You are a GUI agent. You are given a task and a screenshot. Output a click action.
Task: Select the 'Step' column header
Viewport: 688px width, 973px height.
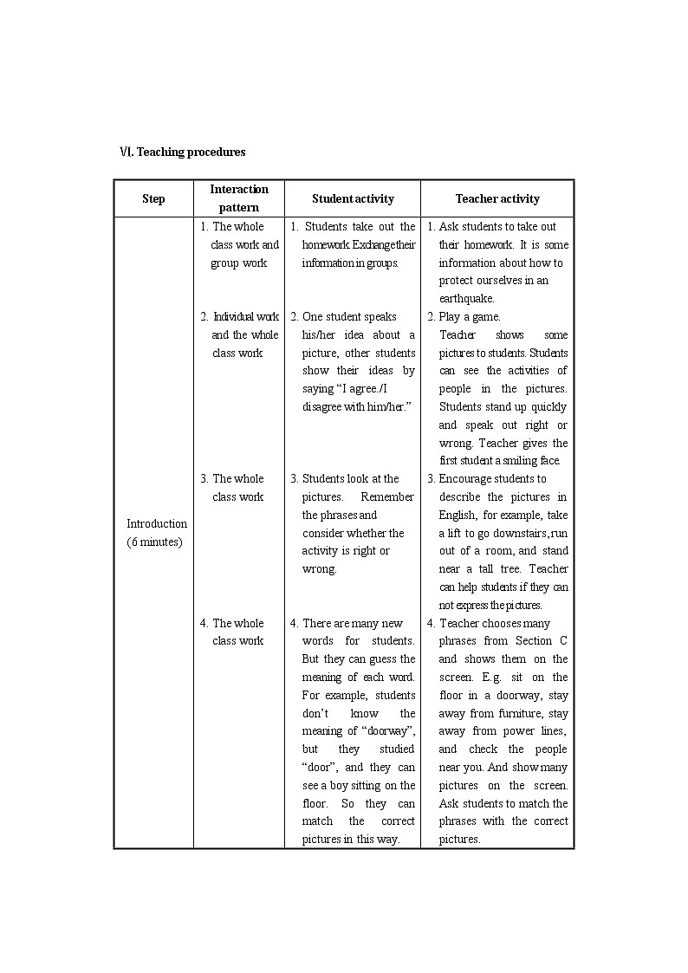(x=153, y=199)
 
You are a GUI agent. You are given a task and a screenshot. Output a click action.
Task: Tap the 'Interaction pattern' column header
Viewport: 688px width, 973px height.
(x=239, y=198)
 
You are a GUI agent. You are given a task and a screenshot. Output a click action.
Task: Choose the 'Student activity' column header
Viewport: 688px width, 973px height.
(x=353, y=199)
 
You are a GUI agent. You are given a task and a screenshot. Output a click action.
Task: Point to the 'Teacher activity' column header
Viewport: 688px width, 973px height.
(x=497, y=199)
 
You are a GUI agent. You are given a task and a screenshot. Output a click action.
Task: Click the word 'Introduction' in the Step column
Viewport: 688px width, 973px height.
(x=157, y=524)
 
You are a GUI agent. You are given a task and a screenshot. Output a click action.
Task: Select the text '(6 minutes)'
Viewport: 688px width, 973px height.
(x=154, y=542)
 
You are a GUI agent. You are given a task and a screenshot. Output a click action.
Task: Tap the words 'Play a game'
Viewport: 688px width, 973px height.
(x=470, y=317)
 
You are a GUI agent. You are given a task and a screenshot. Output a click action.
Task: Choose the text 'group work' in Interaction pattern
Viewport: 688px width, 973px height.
(x=238, y=263)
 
